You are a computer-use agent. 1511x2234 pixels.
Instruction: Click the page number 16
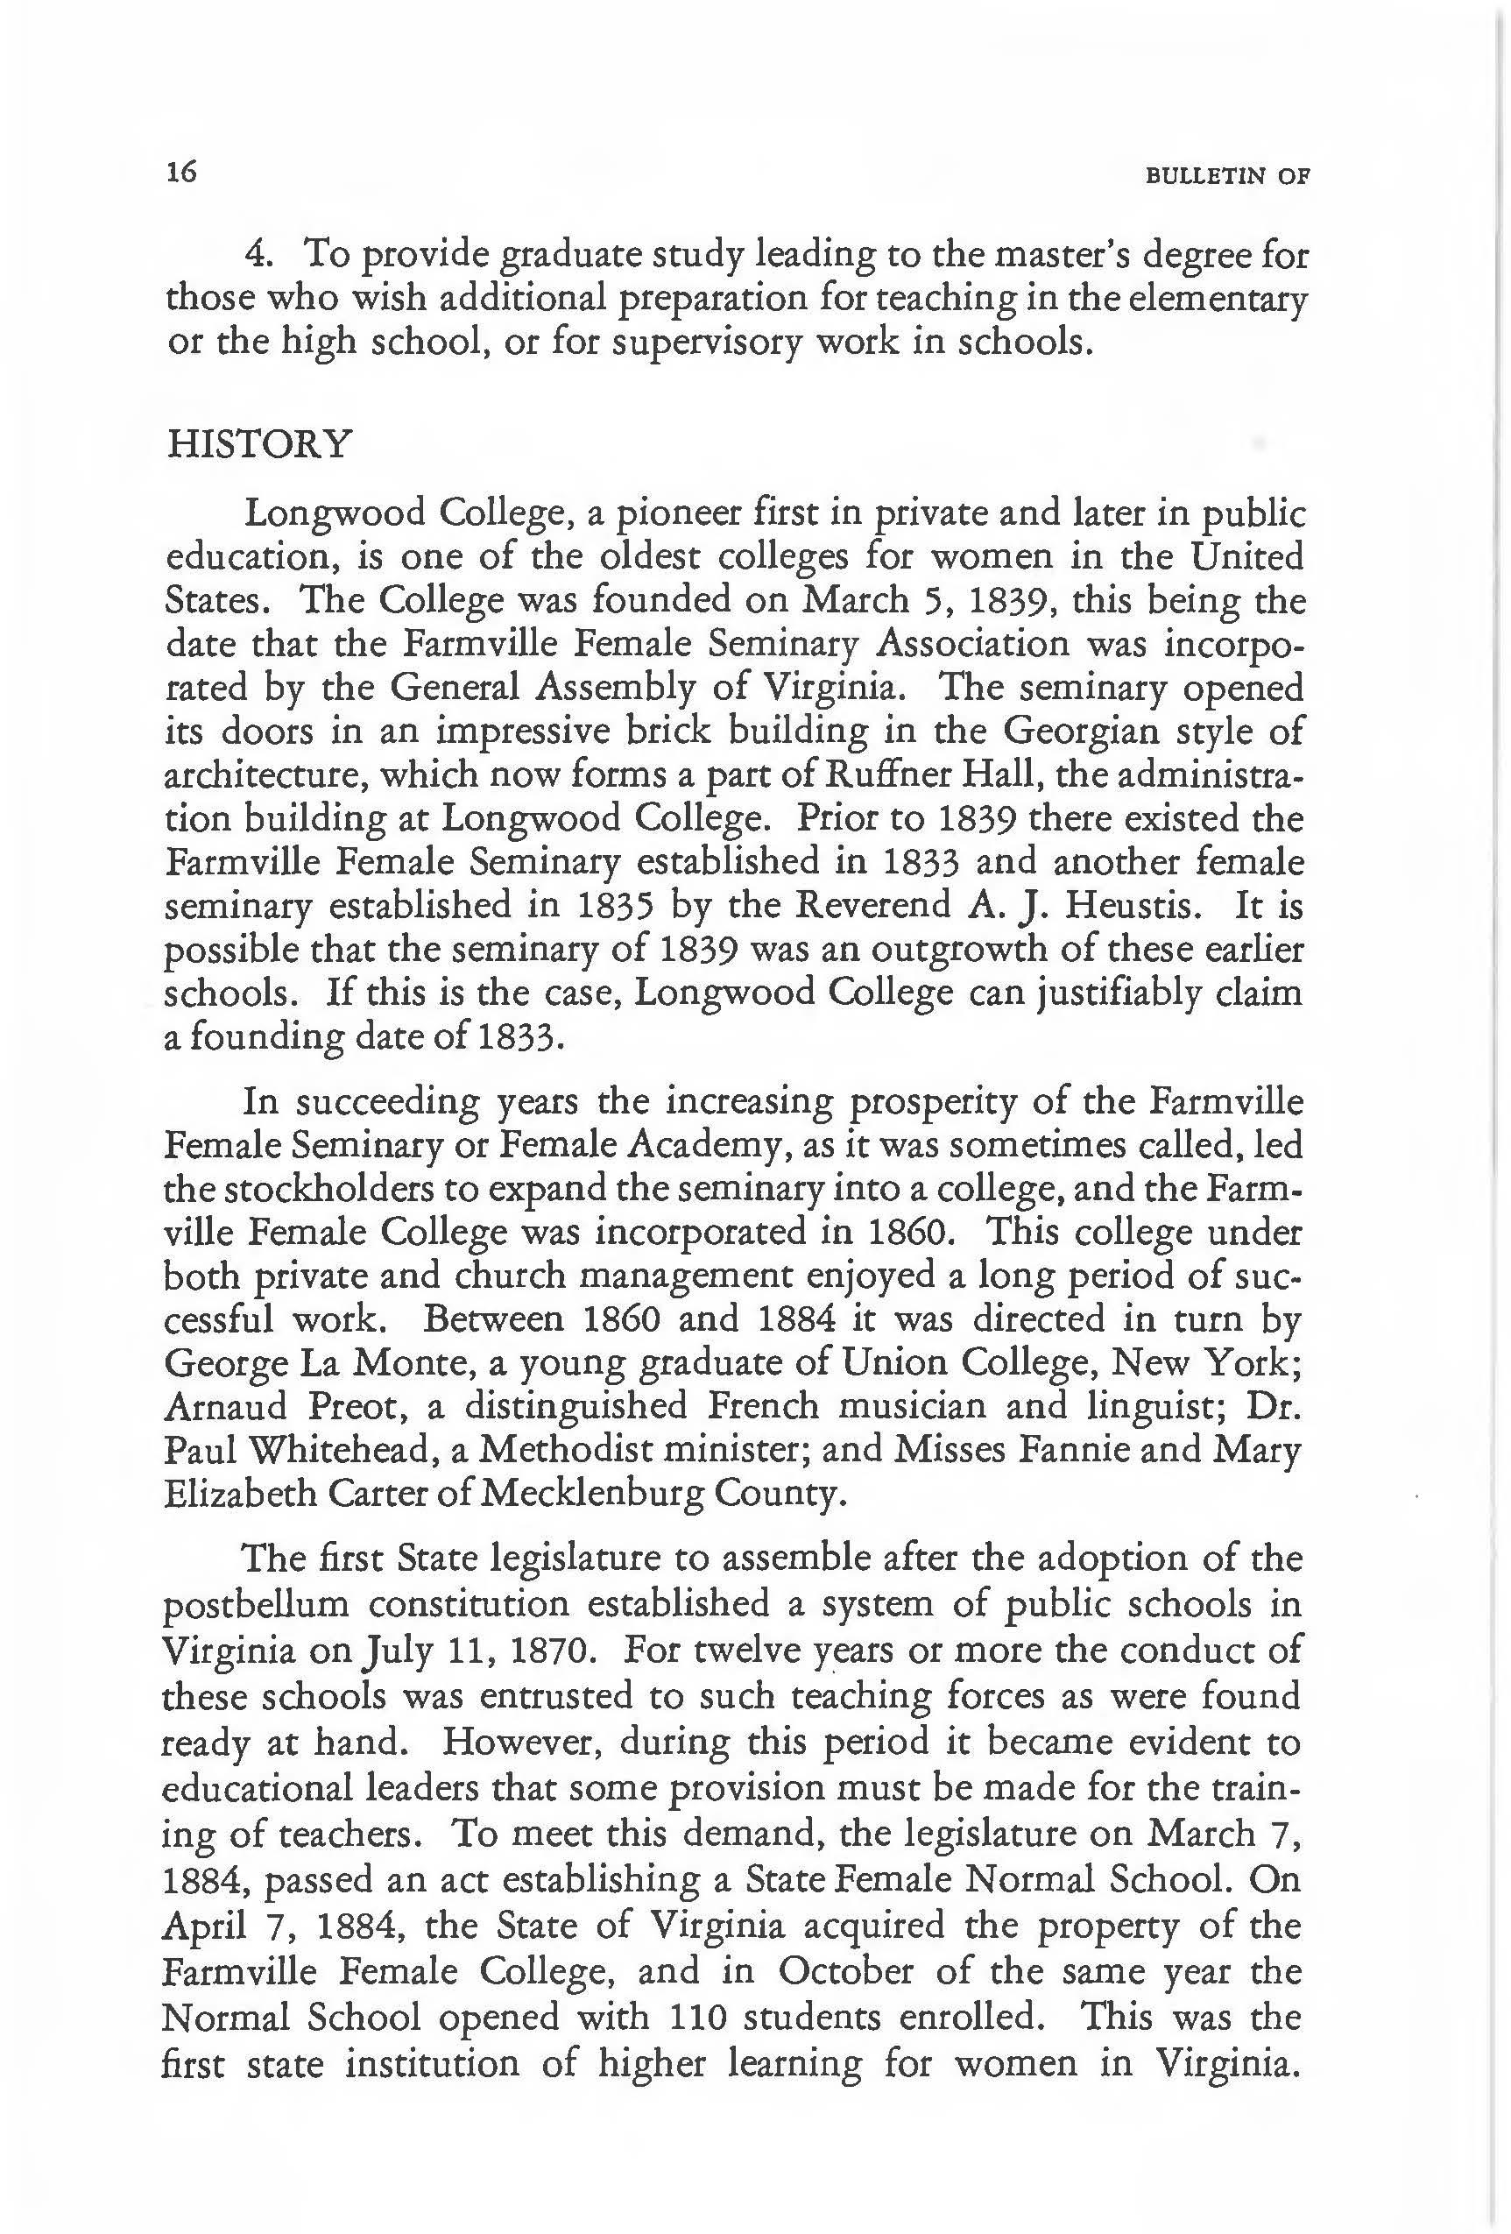point(180,173)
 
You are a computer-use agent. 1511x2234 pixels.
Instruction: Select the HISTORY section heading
point(259,445)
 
